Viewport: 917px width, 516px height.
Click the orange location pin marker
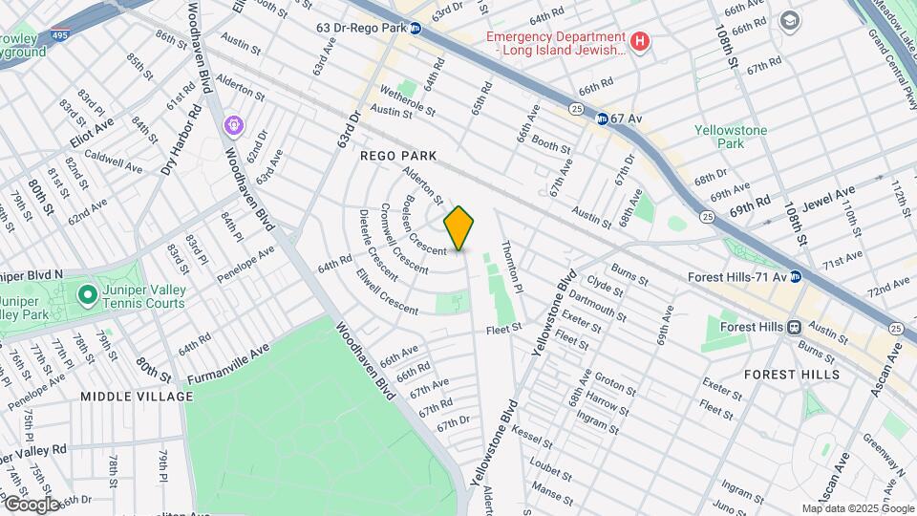click(459, 227)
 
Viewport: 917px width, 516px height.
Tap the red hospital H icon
click(641, 42)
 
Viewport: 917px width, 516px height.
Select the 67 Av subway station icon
click(602, 119)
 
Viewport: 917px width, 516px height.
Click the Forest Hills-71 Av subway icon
click(795, 277)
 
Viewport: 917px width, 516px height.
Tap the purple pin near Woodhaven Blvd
click(234, 125)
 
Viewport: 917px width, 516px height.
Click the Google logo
click(32, 504)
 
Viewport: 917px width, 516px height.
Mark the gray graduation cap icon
click(789, 20)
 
